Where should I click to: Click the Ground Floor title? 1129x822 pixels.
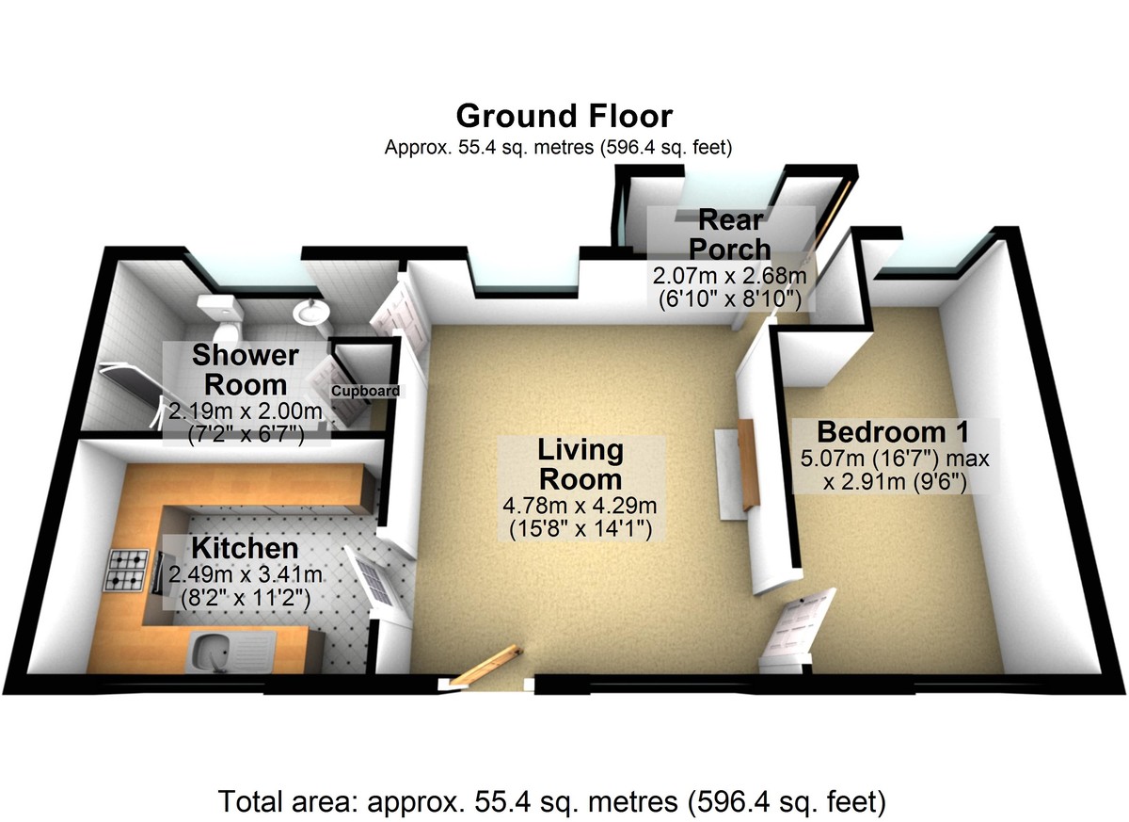coord(564,116)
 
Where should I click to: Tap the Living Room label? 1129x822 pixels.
coord(580,464)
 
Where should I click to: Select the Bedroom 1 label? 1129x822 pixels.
coord(893,432)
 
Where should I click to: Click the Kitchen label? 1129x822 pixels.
coord(245,547)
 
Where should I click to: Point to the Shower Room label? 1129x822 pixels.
coord(245,370)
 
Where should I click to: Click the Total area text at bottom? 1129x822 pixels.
coord(553,801)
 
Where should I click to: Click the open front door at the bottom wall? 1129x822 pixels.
coord(485,666)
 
